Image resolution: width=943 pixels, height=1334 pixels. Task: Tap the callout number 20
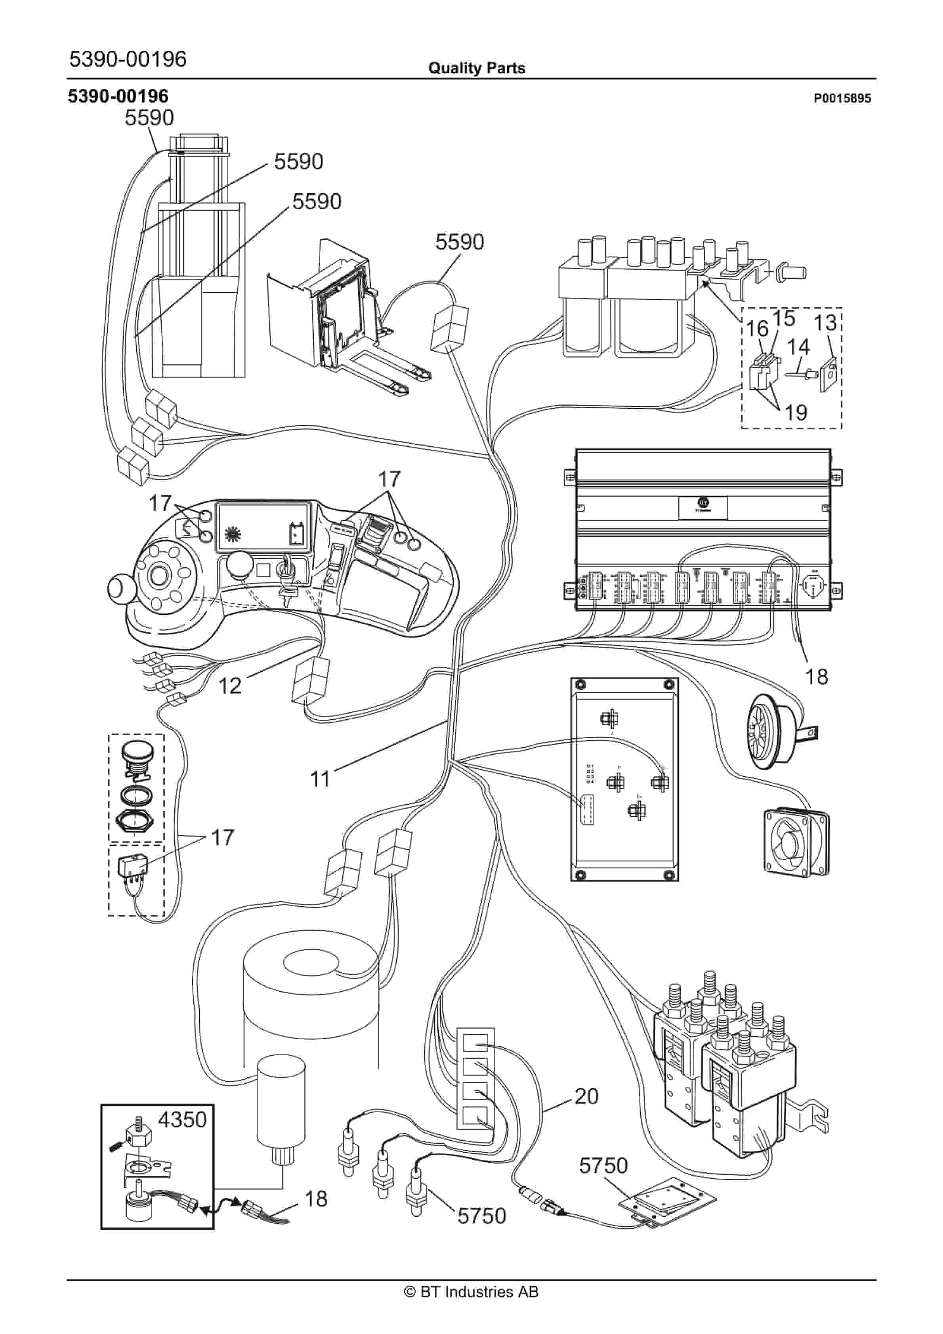pos(586,1096)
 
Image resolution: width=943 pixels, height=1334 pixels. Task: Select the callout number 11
pos(320,779)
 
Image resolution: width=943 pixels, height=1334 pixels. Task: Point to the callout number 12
pos(230,686)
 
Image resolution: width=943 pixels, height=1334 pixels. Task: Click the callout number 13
pos(825,322)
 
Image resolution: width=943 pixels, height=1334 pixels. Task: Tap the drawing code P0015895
pos(842,99)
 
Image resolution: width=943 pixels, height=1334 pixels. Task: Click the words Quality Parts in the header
pos(476,68)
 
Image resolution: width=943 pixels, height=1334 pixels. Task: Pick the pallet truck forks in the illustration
pos(395,377)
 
